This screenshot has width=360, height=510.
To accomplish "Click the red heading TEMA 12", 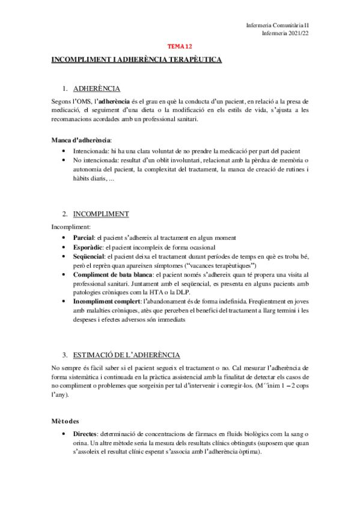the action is tap(180, 46).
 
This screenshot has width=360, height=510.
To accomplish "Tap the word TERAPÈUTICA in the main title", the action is tap(192, 60).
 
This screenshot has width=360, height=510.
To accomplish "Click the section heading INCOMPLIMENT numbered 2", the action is tap(101, 214).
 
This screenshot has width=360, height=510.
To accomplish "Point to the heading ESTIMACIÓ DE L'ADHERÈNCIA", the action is tap(126, 355).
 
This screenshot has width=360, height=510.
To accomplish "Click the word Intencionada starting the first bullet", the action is tap(92, 151).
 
